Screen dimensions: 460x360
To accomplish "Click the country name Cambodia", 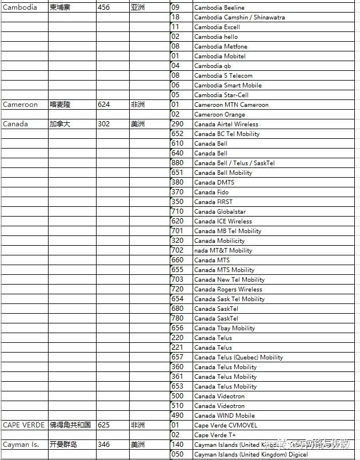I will pos(20,7).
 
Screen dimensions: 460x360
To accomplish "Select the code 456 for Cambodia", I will pos(104,7).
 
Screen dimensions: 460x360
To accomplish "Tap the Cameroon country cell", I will pos(21,105).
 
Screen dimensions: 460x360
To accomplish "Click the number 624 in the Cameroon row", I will pos(104,105).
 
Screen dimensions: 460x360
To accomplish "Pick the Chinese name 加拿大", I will pos(60,124).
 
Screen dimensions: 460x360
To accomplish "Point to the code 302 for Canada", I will pos(104,124).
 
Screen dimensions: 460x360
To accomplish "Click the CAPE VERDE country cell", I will pos(23,425).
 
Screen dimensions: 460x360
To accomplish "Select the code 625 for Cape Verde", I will pos(104,425).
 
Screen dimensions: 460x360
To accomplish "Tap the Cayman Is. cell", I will pos(21,445).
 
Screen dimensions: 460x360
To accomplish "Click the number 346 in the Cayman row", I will pos(104,445).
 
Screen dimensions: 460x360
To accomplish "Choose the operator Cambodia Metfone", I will pos(220,46).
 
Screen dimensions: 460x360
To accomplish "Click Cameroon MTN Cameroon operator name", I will pos(231,105).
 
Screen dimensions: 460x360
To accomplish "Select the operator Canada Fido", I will pos(211,192).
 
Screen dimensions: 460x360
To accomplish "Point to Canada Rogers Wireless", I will pos(228,289).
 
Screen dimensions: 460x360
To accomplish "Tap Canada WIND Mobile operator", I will pos(225,415).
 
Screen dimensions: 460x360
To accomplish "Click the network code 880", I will pos(178,163).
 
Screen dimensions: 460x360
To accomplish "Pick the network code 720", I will pos(178,289).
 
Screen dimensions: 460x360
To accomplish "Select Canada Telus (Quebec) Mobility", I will pos(238,357).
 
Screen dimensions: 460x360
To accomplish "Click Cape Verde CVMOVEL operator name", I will pos(226,425).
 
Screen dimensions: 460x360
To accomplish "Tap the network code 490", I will pos(178,415).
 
